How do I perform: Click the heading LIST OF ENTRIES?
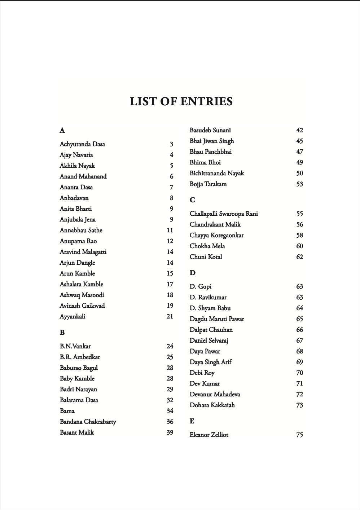click(x=181, y=101)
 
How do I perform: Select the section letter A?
click(x=62, y=131)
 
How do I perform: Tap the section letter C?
click(x=192, y=200)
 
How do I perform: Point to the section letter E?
click(x=192, y=421)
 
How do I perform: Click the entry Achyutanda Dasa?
click(x=82, y=144)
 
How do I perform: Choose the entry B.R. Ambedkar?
click(x=80, y=357)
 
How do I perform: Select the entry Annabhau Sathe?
click(x=81, y=230)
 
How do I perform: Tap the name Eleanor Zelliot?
click(x=209, y=435)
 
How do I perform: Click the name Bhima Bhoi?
click(x=205, y=163)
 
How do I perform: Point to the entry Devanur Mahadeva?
click(x=215, y=395)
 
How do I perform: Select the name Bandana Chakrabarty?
click(x=88, y=422)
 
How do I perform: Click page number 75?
click(x=299, y=435)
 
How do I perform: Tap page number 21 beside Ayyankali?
click(x=170, y=317)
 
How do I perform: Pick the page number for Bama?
click(x=170, y=411)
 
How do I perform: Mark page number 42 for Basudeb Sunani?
click(x=299, y=130)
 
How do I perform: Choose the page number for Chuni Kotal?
click(x=299, y=257)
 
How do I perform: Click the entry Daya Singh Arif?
click(x=211, y=362)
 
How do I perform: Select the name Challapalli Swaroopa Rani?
click(x=224, y=214)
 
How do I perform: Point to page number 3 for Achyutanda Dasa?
click(x=171, y=144)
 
